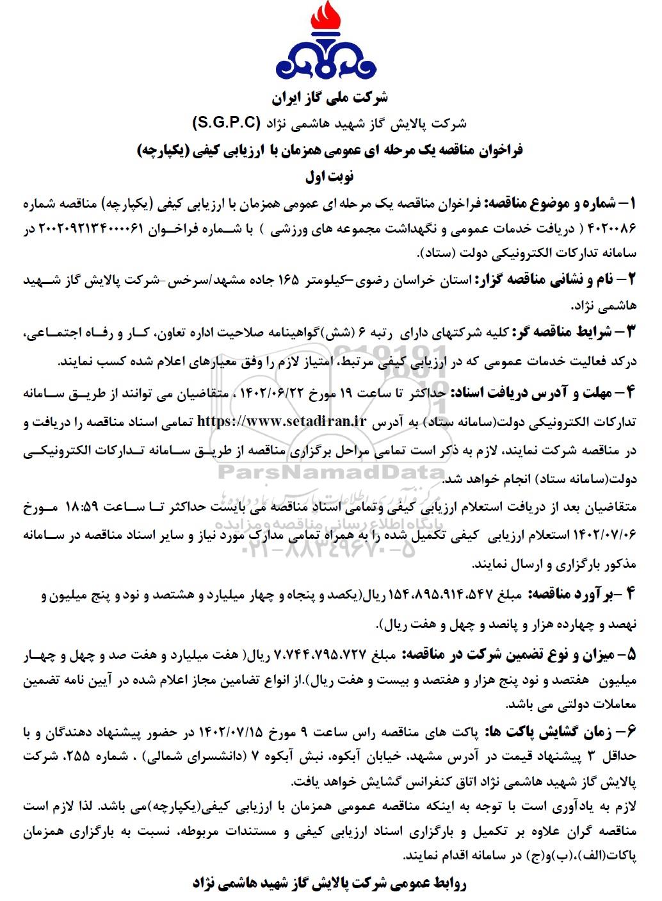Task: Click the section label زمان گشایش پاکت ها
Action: pos(547,732)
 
